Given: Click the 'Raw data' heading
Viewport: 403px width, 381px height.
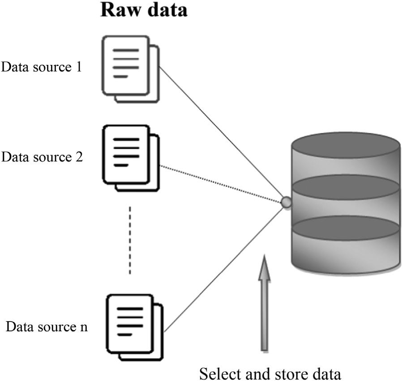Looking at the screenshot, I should [143, 10].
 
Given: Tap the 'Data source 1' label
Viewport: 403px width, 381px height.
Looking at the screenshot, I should [42, 67].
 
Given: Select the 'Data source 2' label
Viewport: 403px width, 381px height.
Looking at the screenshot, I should [42, 157].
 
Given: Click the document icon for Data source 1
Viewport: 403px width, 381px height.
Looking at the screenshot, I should [130, 69].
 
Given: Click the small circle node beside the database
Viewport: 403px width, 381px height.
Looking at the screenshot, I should [286, 203].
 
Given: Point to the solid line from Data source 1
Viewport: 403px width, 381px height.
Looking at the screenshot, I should [222, 134].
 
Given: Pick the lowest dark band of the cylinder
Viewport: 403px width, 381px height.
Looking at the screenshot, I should [345, 228].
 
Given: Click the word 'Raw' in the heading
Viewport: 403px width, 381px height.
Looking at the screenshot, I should [118, 10].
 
